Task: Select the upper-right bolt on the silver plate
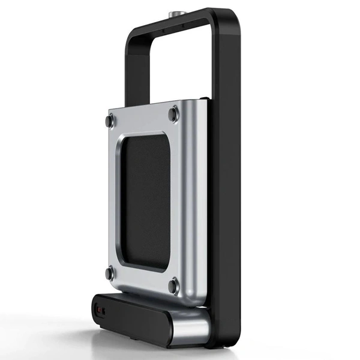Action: pyautogui.click(x=174, y=112)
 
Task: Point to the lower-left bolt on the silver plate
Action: pyautogui.click(x=109, y=273)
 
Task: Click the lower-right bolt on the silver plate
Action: pyautogui.click(x=173, y=283)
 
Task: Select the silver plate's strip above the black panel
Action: pyautogui.click(x=144, y=120)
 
